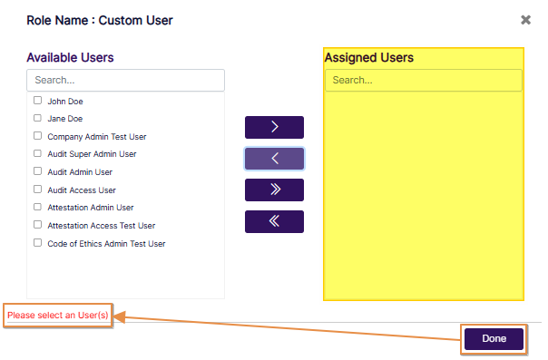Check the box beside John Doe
pyautogui.click(x=38, y=101)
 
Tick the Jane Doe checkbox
pyautogui.click(x=38, y=118)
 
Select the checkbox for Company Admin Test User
pyautogui.click(x=38, y=136)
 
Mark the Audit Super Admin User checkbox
pyautogui.click(x=38, y=153)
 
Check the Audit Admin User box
pyautogui.click(x=38, y=171)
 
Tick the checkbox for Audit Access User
pyautogui.click(x=38, y=190)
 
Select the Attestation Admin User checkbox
pyautogui.click(x=38, y=207)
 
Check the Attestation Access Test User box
pyautogui.click(x=38, y=225)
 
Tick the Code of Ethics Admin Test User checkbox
pyautogui.click(x=38, y=243)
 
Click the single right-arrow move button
pyautogui.click(x=274, y=127)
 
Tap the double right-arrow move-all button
pyautogui.click(x=274, y=190)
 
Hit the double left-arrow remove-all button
pyautogui.click(x=274, y=221)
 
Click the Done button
pyautogui.click(x=494, y=338)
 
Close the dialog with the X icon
pyautogui.click(x=525, y=19)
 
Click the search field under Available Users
pyautogui.click(x=125, y=81)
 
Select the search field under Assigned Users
pyautogui.click(x=424, y=81)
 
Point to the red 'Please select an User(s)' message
pyautogui.click(x=58, y=316)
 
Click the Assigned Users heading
pyautogui.click(x=368, y=57)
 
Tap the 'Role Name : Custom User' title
pyautogui.click(x=100, y=19)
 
